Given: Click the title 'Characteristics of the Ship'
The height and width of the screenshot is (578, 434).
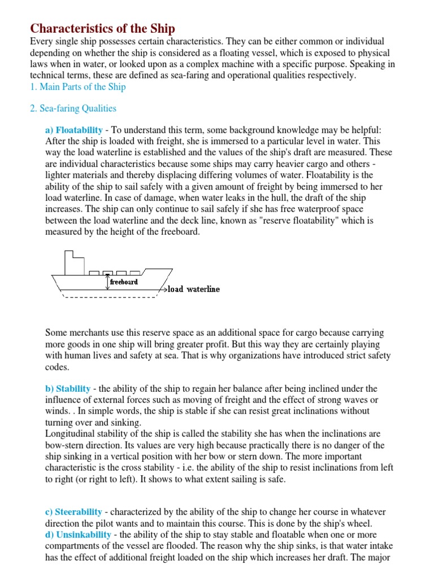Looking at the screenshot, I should pyautogui.click(x=102, y=28).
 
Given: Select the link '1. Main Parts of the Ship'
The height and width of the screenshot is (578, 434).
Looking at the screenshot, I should pyautogui.click(x=77, y=86).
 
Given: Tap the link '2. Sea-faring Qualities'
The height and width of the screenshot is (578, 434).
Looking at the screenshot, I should pyautogui.click(x=73, y=108).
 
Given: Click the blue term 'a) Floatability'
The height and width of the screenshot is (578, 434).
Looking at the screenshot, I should pyautogui.click(x=73, y=130).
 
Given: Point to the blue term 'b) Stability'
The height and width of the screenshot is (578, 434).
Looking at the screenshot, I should pyautogui.click(x=67, y=388).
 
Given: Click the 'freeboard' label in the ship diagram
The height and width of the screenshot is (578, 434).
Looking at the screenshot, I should pyautogui.click(x=124, y=281).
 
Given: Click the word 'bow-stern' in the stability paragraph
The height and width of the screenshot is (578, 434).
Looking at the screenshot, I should pyautogui.click(x=65, y=445).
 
